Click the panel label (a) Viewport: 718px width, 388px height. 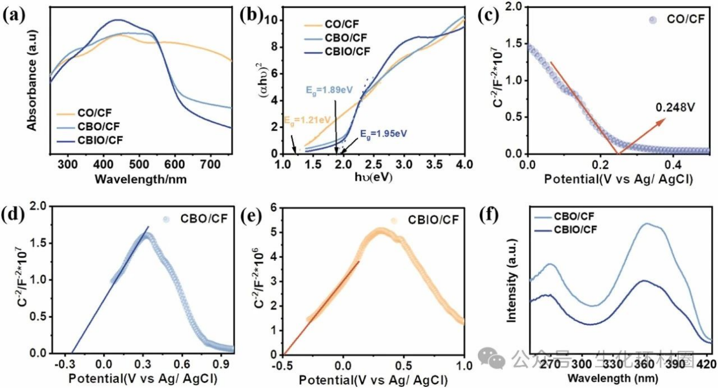pyautogui.click(x=14, y=15)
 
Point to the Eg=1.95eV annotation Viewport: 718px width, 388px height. pyautogui.click(x=383, y=134)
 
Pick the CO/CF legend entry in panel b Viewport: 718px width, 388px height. pyautogui.click(x=343, y=24)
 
